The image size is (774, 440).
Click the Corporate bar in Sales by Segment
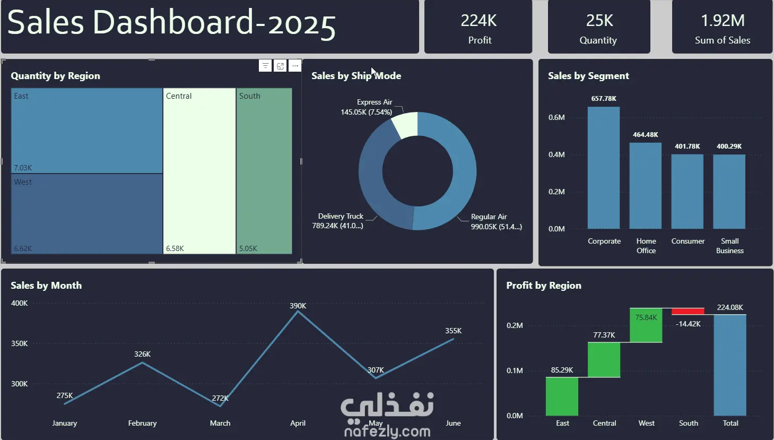[604, 168]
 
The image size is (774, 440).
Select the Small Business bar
[729, 192]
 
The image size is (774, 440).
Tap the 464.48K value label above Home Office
[646, 134]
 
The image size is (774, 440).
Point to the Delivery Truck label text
[341, 216]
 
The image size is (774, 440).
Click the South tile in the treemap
[264, 171]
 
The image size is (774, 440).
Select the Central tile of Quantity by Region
[199, 171]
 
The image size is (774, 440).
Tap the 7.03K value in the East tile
[23, 168]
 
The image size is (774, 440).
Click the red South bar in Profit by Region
[688, 311]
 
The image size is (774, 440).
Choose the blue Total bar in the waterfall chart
[730, 365]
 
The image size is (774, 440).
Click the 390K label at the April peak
[298, 306]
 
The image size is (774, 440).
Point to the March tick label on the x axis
[220, 423]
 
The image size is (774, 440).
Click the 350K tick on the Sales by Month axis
[19, 343]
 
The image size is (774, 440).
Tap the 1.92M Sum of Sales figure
[723, 20]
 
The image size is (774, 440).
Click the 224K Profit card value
[479, 20]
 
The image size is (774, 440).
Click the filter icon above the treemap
[265, 66]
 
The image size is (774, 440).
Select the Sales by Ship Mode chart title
[356, 76]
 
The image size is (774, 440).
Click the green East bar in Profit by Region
[562, 396]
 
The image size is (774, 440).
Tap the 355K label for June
[454, 331]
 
